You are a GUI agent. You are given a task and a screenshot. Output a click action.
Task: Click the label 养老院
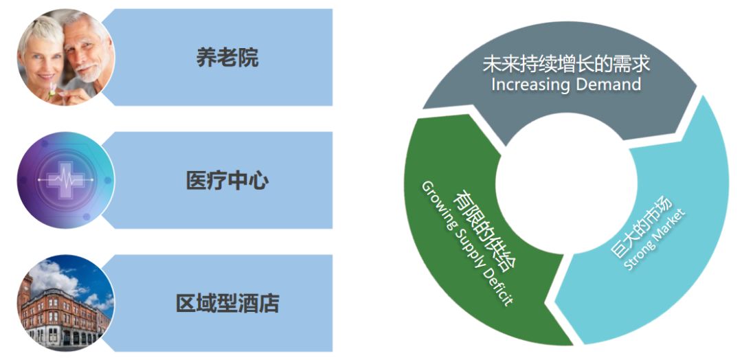point(227,58)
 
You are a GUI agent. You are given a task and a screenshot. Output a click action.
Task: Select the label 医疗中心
point(227,181)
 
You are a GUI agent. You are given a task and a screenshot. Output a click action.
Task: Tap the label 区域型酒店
point(227,303)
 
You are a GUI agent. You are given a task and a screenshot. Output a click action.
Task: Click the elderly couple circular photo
point(66,57)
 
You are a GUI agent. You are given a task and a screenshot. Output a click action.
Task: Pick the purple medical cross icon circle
point(66,181)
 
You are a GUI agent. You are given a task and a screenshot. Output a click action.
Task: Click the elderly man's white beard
point(85,69)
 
